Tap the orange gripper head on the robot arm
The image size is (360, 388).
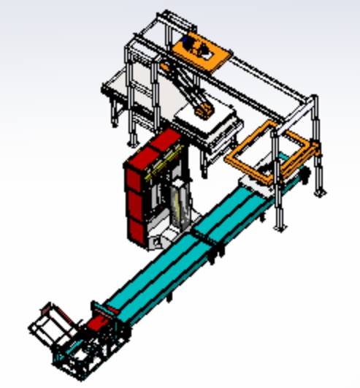202,112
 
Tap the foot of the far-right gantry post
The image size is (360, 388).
320,193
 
